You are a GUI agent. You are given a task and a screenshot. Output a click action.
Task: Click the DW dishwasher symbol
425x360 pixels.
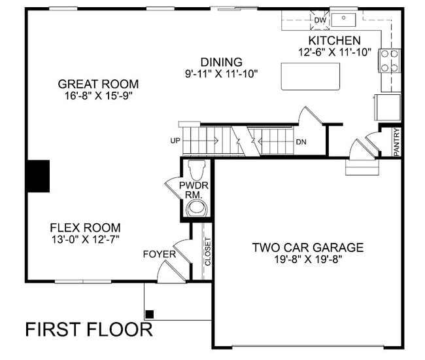[320, 20]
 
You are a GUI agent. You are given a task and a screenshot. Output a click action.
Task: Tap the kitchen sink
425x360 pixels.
[342, 18]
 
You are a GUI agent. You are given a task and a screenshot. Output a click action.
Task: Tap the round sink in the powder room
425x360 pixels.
[196, 209]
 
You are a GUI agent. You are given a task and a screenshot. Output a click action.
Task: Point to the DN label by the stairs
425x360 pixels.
[301, 141]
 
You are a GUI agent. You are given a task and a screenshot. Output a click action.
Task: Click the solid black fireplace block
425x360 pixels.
[38, 175]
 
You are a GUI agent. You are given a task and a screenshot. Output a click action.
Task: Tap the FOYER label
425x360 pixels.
[160, 254]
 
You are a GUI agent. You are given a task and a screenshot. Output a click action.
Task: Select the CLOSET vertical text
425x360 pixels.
[208, 251]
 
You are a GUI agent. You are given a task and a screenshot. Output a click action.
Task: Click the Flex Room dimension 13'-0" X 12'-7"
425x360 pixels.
[85, 240]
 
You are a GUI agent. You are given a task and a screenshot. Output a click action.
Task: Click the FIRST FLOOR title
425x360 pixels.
[89, 329]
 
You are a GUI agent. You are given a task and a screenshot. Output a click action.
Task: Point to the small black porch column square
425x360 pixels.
[150, 314]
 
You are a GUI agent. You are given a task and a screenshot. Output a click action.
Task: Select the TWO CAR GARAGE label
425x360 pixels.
[308, 247]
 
